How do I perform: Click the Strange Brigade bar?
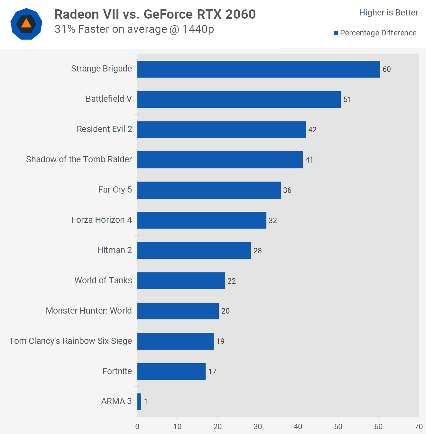click(259, 69)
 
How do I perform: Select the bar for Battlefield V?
click(239, 99)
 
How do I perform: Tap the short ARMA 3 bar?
click(139, 402)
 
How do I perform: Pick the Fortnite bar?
click(171, 372)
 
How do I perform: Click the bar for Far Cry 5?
click(209, 190)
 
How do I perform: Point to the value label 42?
click(312, 130)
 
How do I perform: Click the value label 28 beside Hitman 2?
click(258, 251)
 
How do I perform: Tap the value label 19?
click(220, 341)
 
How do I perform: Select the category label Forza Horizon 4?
click(102, 220)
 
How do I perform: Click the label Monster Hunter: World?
click(89, 311)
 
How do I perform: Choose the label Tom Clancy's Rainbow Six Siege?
click(70, 341)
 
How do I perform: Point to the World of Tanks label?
click(103, 280)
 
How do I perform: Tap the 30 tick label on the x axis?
click(258, 427)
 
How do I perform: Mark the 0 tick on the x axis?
click(137, 427)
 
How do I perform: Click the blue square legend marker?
click(336, 33)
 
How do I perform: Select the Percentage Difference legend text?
click(378, 33)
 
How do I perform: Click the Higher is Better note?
click(389, 13)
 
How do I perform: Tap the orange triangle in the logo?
click(26, 24)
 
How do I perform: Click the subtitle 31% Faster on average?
click(134, 29)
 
